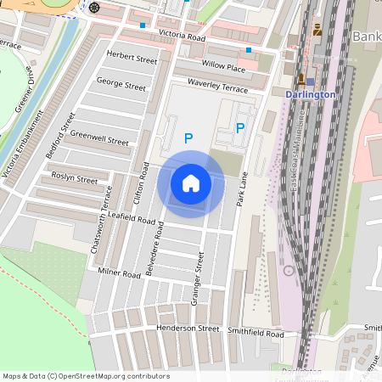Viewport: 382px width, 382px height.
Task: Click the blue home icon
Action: pyautogui.click(x=191, y=183)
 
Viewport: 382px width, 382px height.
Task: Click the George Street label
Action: pyautogui.click(x=121, y=85)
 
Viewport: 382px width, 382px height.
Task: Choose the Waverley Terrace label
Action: pyautogui.click(x=218, y=88)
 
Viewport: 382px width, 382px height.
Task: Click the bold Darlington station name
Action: pyautogui.click(x=310, y=94)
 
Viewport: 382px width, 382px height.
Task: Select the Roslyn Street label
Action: pyautogui.click(x=75, y=179)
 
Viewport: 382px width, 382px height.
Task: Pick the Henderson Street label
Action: pyautogui.click(x=188, y=328)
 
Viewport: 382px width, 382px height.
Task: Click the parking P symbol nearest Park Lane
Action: pyautogui.click(x=240, y=128)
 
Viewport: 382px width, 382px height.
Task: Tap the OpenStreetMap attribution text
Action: pyautogui.click(x=86, y=375)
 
